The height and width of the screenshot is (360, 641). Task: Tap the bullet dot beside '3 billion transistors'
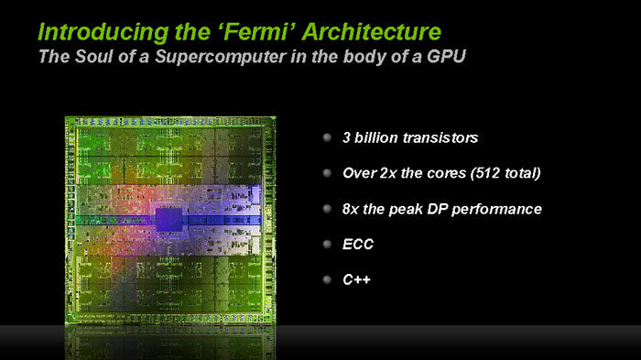pyautogui.click(x=327, y=137)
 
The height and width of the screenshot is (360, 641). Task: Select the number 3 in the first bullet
pyautogui.click(x=346, y=137)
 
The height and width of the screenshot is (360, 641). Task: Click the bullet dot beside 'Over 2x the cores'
pyautogui.click(x=327, y=172)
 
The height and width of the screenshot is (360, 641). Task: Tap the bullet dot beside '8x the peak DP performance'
pyautogui.click(x=327, y=208)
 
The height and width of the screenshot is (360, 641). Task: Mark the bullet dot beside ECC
pyautogui.click(x=327, y=244)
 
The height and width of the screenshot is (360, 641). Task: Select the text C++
pyautogui.click(x=355, y=280)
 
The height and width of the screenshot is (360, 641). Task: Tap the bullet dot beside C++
pyautogui.click(x=327, y=279)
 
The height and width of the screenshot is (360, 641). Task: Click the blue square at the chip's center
pyautogui.click(x=168, y=219)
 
